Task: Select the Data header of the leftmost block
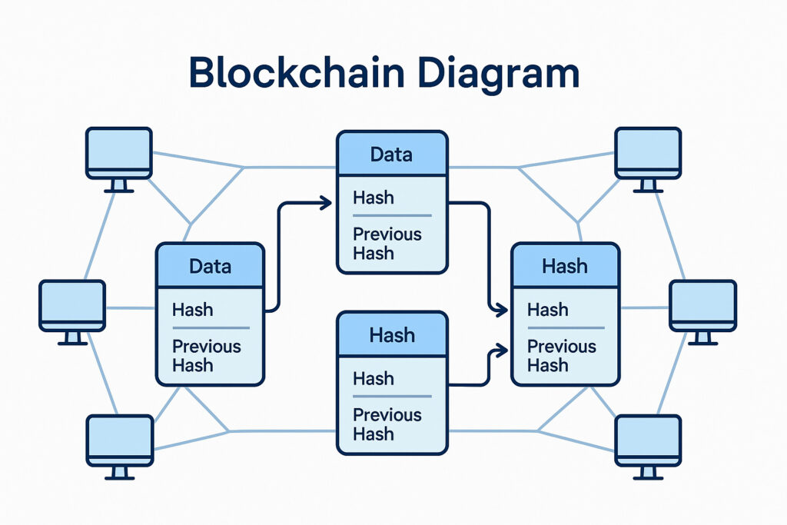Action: [210, 266]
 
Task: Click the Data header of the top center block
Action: [391, 154]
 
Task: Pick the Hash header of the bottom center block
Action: [391, 335]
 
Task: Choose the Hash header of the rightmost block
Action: [565, 266]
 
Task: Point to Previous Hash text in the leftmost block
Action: [206, 356]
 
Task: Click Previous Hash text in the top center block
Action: [387, 244]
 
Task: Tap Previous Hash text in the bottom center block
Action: [387, 424]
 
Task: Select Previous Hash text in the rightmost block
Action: [561, 356]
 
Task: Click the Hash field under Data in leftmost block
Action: [193, 310]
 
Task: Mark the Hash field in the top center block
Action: [374, 198]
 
